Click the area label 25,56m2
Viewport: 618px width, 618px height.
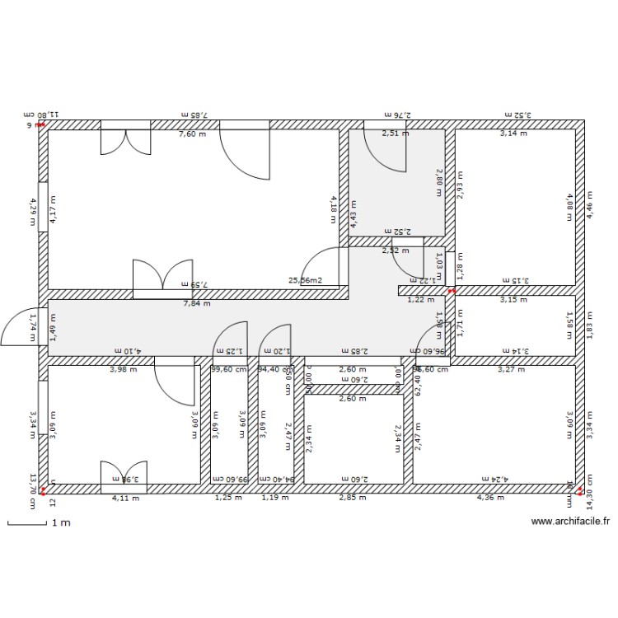click(305, 280)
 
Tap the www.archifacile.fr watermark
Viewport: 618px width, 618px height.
click(571, 521)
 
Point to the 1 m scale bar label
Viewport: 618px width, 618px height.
click(60, 522)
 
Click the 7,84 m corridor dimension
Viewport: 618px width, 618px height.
click(196, 303)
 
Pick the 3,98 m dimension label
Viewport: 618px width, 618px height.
click(124, 370)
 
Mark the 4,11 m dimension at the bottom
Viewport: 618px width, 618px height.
click(125, 497)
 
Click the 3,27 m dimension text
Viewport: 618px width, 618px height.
click(511, 370)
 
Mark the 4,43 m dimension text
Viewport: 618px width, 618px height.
click(353, 214)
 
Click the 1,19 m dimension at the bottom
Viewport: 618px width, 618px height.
click(275, 497)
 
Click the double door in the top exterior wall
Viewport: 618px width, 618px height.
click(125, 137)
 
